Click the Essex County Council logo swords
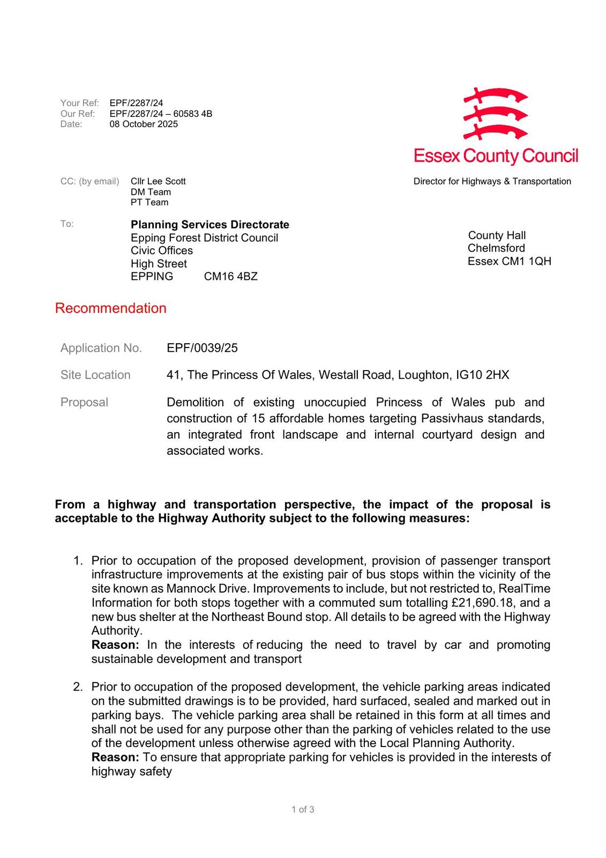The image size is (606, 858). (496, 114)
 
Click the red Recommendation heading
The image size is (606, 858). (110, 308)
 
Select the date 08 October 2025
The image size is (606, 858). (144, 124)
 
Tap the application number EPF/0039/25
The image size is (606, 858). (202, 348)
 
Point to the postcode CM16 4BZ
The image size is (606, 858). (231, 277)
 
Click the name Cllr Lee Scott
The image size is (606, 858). (158, 181)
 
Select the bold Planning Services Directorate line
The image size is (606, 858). (210, 225)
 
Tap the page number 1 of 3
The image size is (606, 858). (303, 809)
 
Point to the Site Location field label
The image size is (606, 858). (95, 375)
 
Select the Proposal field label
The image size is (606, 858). (84, 402)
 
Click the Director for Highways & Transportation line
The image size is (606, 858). (492, 181)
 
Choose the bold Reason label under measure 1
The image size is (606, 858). (115, 645)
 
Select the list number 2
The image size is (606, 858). (78, 687)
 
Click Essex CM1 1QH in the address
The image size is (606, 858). (509, 261)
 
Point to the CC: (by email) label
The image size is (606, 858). (89, 181)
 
